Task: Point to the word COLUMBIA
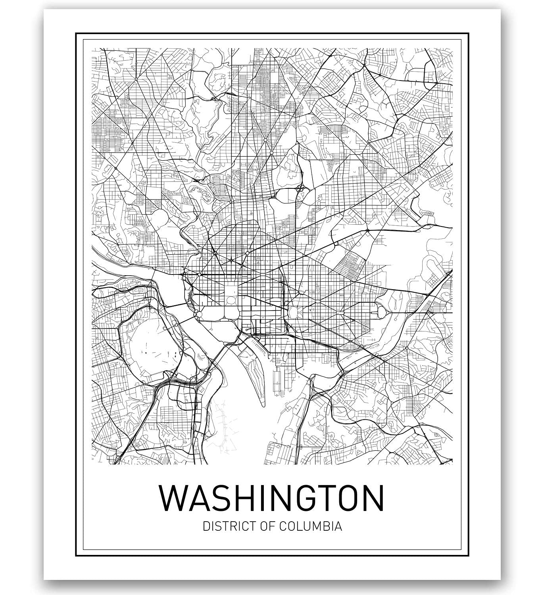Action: pyautogui.click(x=311, y=527)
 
